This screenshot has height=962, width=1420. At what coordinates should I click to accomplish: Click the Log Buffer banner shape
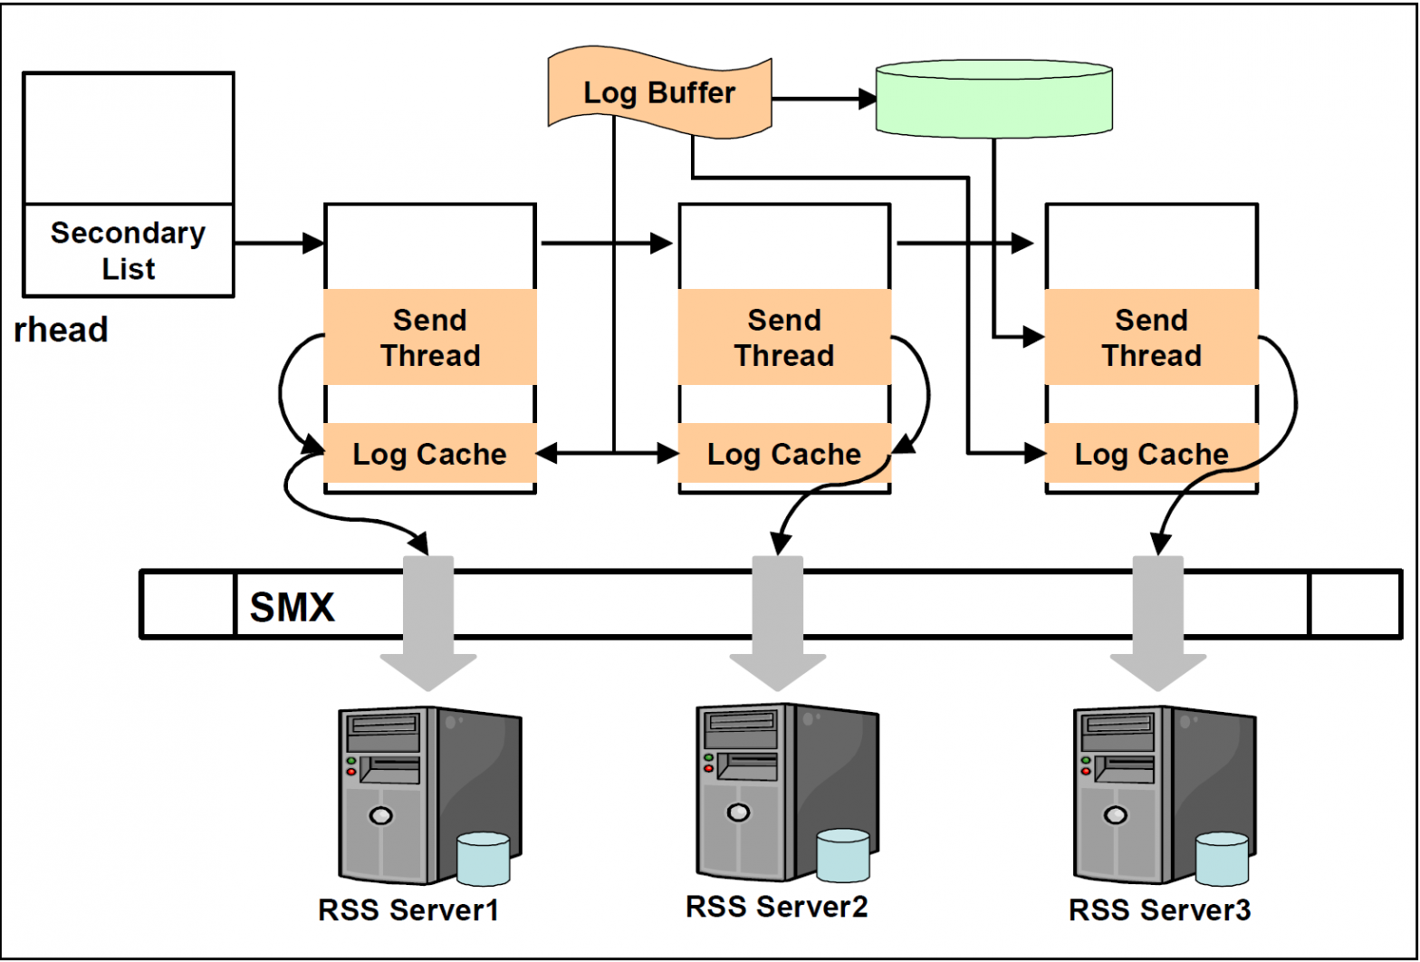point(659,92)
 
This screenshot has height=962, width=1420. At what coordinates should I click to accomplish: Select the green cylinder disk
point(993,100)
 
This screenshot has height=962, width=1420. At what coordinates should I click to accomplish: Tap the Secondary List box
point(128,250)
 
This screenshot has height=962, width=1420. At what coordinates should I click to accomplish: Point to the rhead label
point(62,330)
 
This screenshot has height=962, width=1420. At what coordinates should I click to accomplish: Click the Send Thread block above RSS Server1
point(430,338)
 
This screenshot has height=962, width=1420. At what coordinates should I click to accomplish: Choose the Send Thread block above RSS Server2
point(784,338)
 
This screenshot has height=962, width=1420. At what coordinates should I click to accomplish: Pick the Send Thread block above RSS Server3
point(1151,338)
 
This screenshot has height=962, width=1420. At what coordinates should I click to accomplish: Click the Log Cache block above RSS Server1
point(430,454)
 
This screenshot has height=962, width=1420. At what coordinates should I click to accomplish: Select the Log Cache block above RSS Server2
point(784,454)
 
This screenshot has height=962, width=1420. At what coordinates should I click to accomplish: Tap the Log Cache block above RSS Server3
point(1151,454)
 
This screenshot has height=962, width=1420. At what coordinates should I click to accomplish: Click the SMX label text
point(292,607)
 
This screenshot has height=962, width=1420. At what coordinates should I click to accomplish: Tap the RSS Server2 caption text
point(776,907)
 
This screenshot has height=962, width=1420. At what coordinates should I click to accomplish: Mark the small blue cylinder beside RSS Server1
point(483,859)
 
